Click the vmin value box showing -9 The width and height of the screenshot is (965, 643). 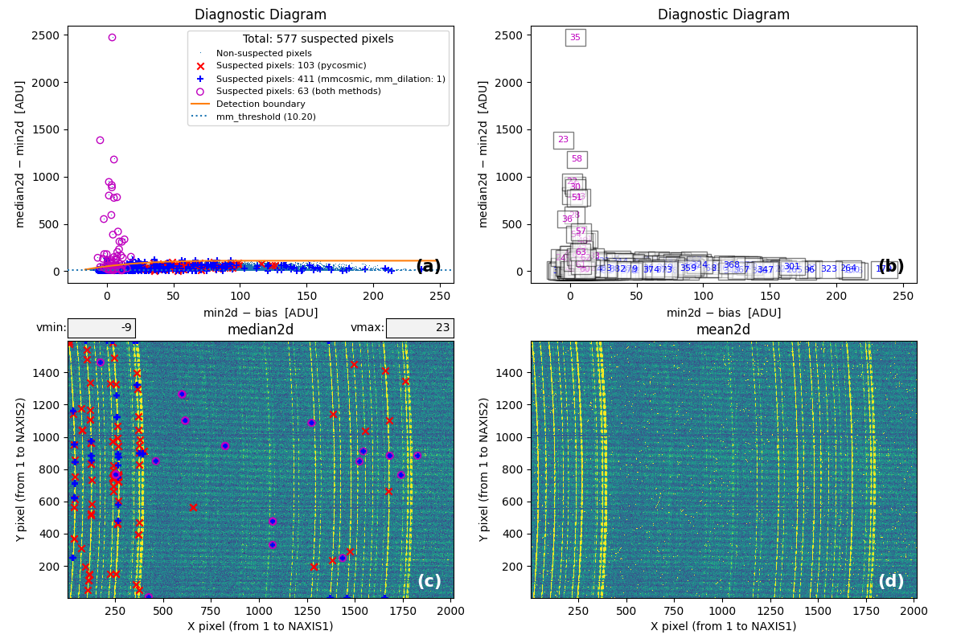[x=101, y=328]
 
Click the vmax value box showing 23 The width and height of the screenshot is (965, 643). [x=419, y=328]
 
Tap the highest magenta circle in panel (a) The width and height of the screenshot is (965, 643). [x=112, y=37]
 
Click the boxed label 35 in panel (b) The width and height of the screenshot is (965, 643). [x=575, y=38]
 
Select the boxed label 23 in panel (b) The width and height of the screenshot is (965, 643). [x=563, y=140]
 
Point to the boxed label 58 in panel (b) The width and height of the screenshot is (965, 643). [x=577, y=159]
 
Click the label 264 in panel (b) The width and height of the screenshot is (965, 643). [x=848, y=268]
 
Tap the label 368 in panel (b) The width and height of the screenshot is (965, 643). [x=731, y=265]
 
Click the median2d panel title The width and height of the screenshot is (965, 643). [x=261, y=330]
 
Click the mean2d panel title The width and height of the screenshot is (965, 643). [x=724, y=330]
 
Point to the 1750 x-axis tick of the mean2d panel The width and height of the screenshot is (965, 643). [x=867, y=612]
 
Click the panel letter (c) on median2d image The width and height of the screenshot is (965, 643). [x=429, y=581]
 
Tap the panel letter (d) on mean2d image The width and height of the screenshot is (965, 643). [x=891, y=581]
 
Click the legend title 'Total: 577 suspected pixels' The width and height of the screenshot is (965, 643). [x=318, y=39]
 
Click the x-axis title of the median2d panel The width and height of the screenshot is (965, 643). [x=261, y=627]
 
